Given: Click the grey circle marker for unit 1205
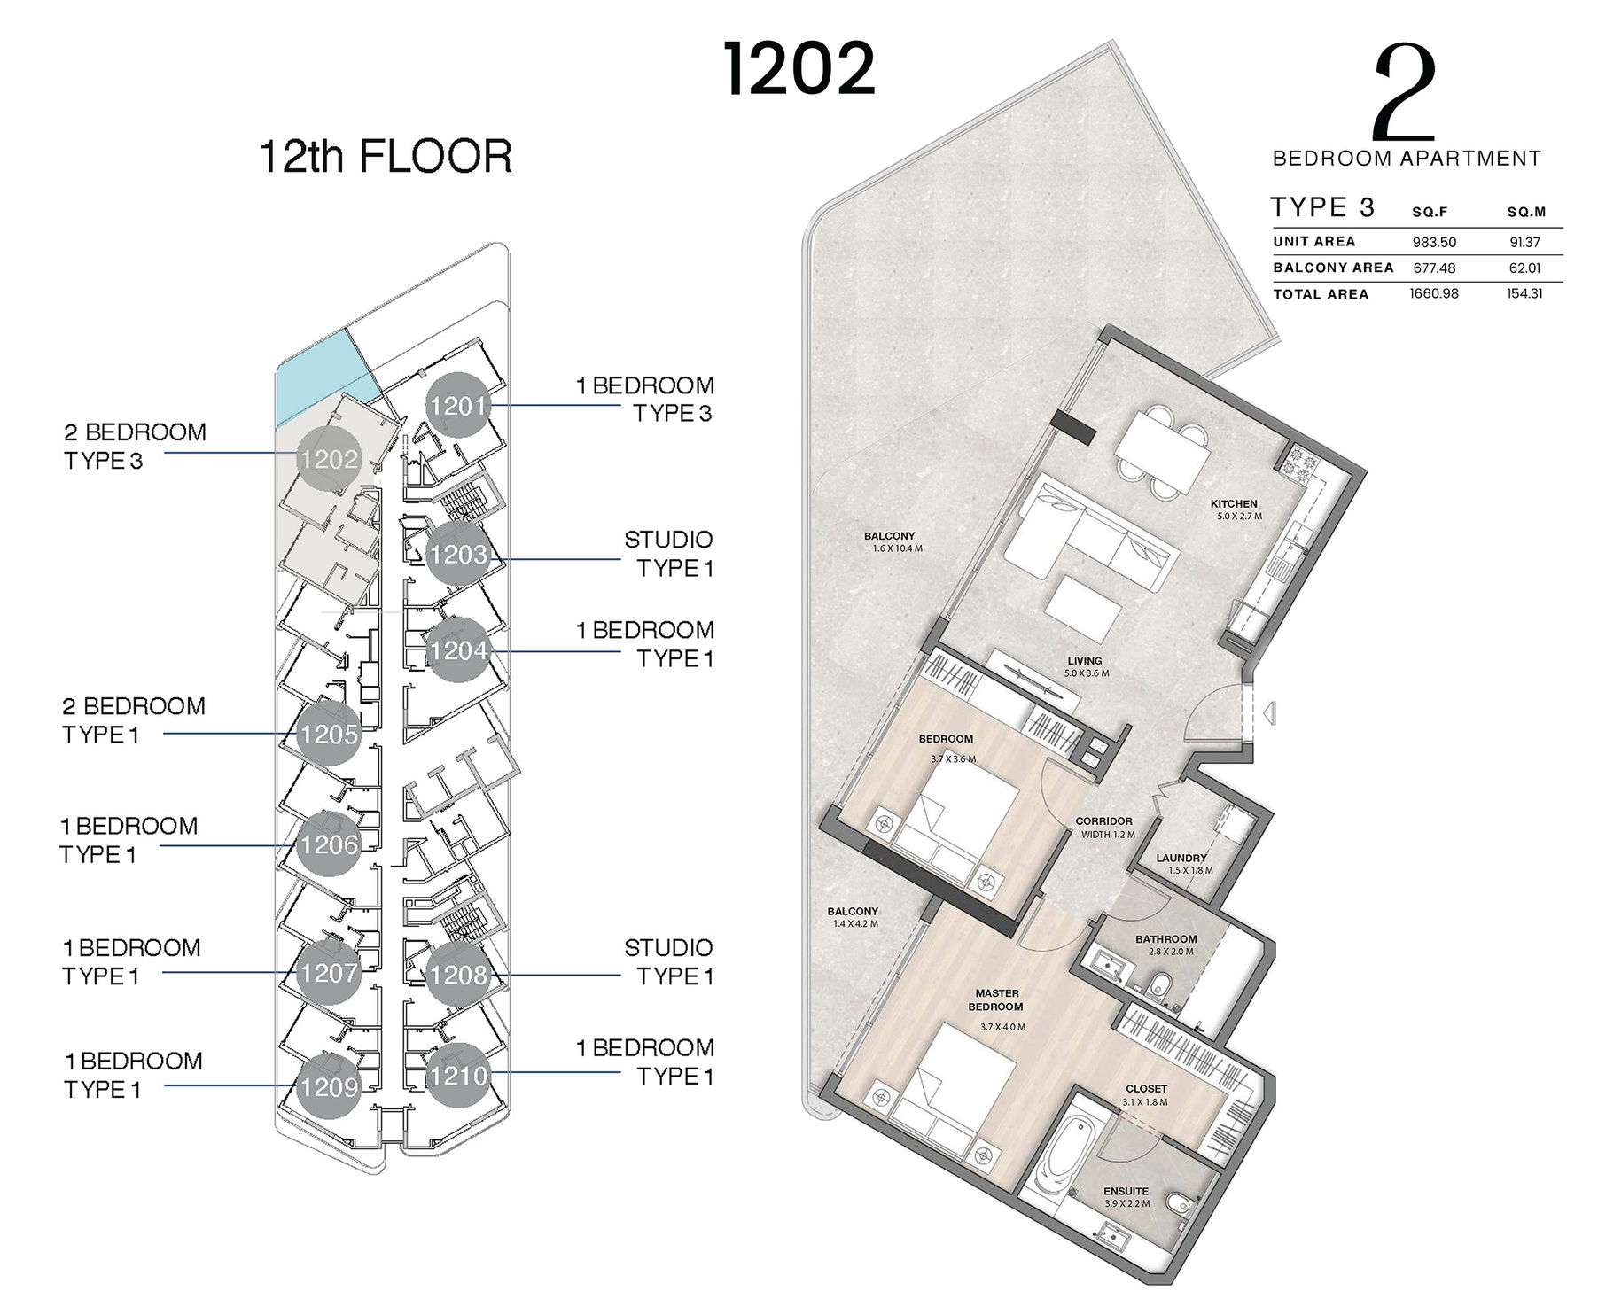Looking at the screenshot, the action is pyautogui.click(x=329, y=734).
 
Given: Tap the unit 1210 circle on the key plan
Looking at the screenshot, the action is pyautogui.click(x=458, y=1076).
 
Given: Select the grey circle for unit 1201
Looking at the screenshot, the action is pyautogui.click(x=458, y=406).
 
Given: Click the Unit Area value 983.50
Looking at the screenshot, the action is pyautogui.click(x=1434, y=242).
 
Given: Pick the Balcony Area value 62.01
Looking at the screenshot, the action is pyautogui.click(x=1524, y=268).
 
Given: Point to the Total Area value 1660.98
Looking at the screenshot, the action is pyautogui.click(x=1434, y=293).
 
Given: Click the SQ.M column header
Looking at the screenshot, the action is pyautogui.click(x=1526, y=213).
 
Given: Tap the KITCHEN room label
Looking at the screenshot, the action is pyautogui.click(x=1234, y=503).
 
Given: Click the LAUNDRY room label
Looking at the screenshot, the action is pyautogui.click(x=1181, y=858).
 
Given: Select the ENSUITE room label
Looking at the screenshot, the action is pyautogui.click(x=1126, y=1191).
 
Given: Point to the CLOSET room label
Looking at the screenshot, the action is pyautogui.click(x=1146, y=1088).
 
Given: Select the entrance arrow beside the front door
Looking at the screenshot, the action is pyautogui.click(x=1269, y=712).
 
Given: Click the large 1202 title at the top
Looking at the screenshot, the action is pyautogui.click(x=799, y=69).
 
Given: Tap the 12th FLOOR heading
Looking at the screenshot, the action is pyautogui.click(x=386, y=157).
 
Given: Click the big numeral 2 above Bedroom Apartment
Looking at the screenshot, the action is pyautogui.click(x=1403, y=95).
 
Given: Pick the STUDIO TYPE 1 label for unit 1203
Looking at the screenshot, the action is pyautogui.click(x=669, y=554).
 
